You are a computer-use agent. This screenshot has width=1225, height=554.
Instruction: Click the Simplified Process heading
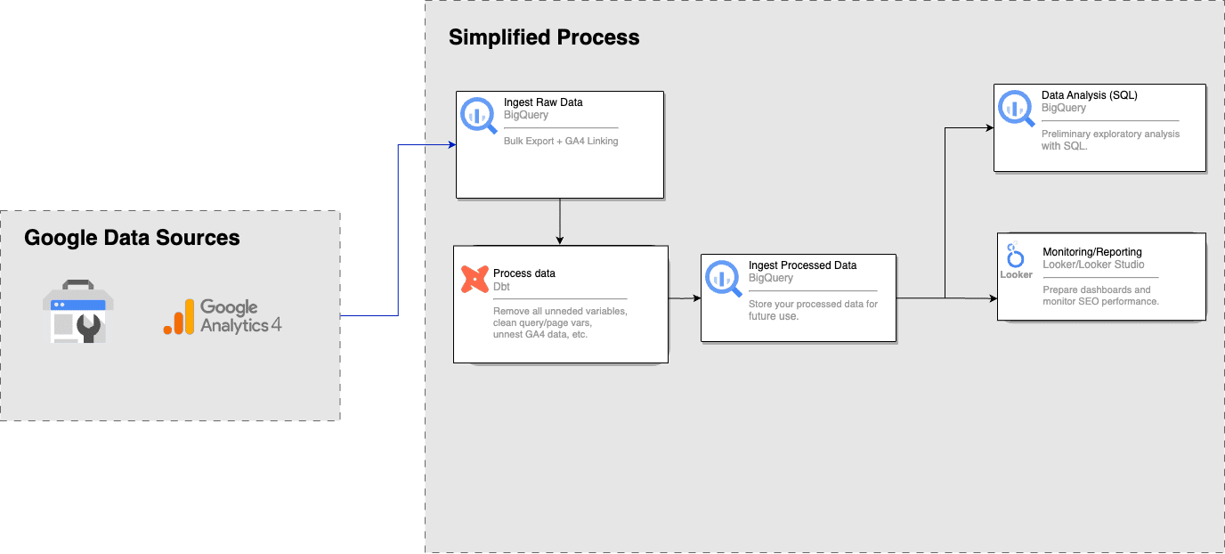544,37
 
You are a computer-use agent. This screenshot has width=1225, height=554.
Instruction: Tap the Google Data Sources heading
132,238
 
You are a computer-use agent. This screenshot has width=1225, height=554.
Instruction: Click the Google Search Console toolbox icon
78,311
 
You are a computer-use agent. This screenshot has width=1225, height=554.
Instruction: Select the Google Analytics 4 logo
223,316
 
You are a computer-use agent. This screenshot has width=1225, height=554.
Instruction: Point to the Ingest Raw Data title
543,102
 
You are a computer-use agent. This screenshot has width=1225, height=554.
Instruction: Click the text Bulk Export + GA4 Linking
561,141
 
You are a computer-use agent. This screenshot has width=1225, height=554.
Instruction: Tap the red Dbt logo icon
475,279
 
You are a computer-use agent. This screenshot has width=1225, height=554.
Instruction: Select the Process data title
523,273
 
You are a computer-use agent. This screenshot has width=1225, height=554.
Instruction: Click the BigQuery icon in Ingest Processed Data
723,278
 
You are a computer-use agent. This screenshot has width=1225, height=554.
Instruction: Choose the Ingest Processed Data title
802,265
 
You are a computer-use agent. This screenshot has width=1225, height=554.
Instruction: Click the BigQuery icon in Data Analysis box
1016,108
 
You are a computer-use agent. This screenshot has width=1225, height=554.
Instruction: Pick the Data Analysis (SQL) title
1090,95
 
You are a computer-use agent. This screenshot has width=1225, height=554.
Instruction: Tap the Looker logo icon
1016,260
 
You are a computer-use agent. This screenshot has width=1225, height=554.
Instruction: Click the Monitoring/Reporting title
1092,252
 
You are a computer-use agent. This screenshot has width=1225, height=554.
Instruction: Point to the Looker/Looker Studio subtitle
1093,265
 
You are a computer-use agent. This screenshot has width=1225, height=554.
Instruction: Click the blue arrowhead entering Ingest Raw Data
452,145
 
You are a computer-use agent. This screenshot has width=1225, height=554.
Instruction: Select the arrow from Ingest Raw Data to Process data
559,222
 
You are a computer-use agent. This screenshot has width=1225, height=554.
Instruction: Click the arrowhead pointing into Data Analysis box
990,128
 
